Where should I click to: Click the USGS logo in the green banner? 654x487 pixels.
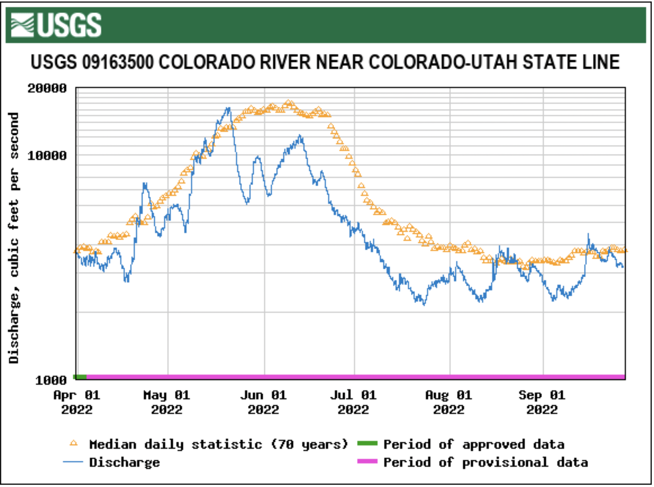pos(56,25)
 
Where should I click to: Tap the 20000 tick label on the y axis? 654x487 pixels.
pos(47,88)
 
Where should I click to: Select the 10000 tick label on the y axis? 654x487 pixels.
pos(47,155)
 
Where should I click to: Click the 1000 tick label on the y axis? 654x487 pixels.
pos(51,381)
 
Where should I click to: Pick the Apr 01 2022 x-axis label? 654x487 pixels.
pos(77,402)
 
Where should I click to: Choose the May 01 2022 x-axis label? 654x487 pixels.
pos(167,402)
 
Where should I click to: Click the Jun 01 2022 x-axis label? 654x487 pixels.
pos(263,402)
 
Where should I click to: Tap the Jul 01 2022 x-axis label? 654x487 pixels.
pos(353,402)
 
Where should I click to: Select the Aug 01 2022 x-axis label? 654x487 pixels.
pos(449,402)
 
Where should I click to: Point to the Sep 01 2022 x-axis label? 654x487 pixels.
pos(542,402)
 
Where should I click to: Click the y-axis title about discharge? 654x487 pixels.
pos(13,238)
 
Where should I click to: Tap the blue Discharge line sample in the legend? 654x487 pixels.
pos(73,462)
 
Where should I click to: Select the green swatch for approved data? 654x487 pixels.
pos(367,444)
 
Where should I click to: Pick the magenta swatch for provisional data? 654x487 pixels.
pos(367,462)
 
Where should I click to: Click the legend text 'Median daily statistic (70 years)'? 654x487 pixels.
pos(218,445)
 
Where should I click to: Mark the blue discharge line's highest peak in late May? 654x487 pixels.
pos(228,108)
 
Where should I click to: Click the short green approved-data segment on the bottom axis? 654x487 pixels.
pos(81,377)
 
